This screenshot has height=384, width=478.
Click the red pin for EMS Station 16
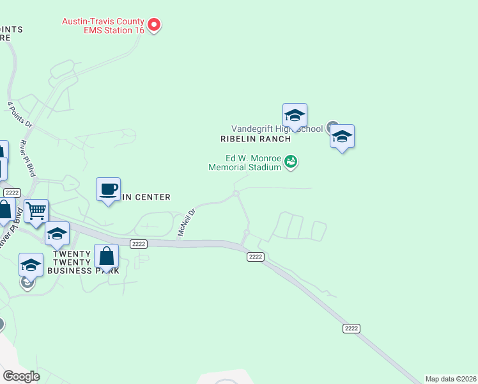[x=154, y=25]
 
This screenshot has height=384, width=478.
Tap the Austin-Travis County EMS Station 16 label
[x=103, y=25]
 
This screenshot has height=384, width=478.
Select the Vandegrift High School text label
[x=277, y=129]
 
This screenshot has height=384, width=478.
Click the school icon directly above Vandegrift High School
[x=295, y=116]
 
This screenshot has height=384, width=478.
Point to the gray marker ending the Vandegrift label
[x=332, y=127]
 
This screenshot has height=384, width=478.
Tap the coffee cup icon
[x=108, y=189]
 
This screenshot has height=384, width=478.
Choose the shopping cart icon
[x=36, y=211]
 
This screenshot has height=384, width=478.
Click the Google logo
[x=21, y=376]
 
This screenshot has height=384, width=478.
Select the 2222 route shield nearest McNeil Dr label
[x=139, y=244]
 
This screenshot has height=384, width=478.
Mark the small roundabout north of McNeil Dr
[x=236, y=193]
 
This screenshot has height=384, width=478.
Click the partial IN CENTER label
[x=146, y=197]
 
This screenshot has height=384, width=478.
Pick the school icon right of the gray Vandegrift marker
[x=342, y=136]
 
